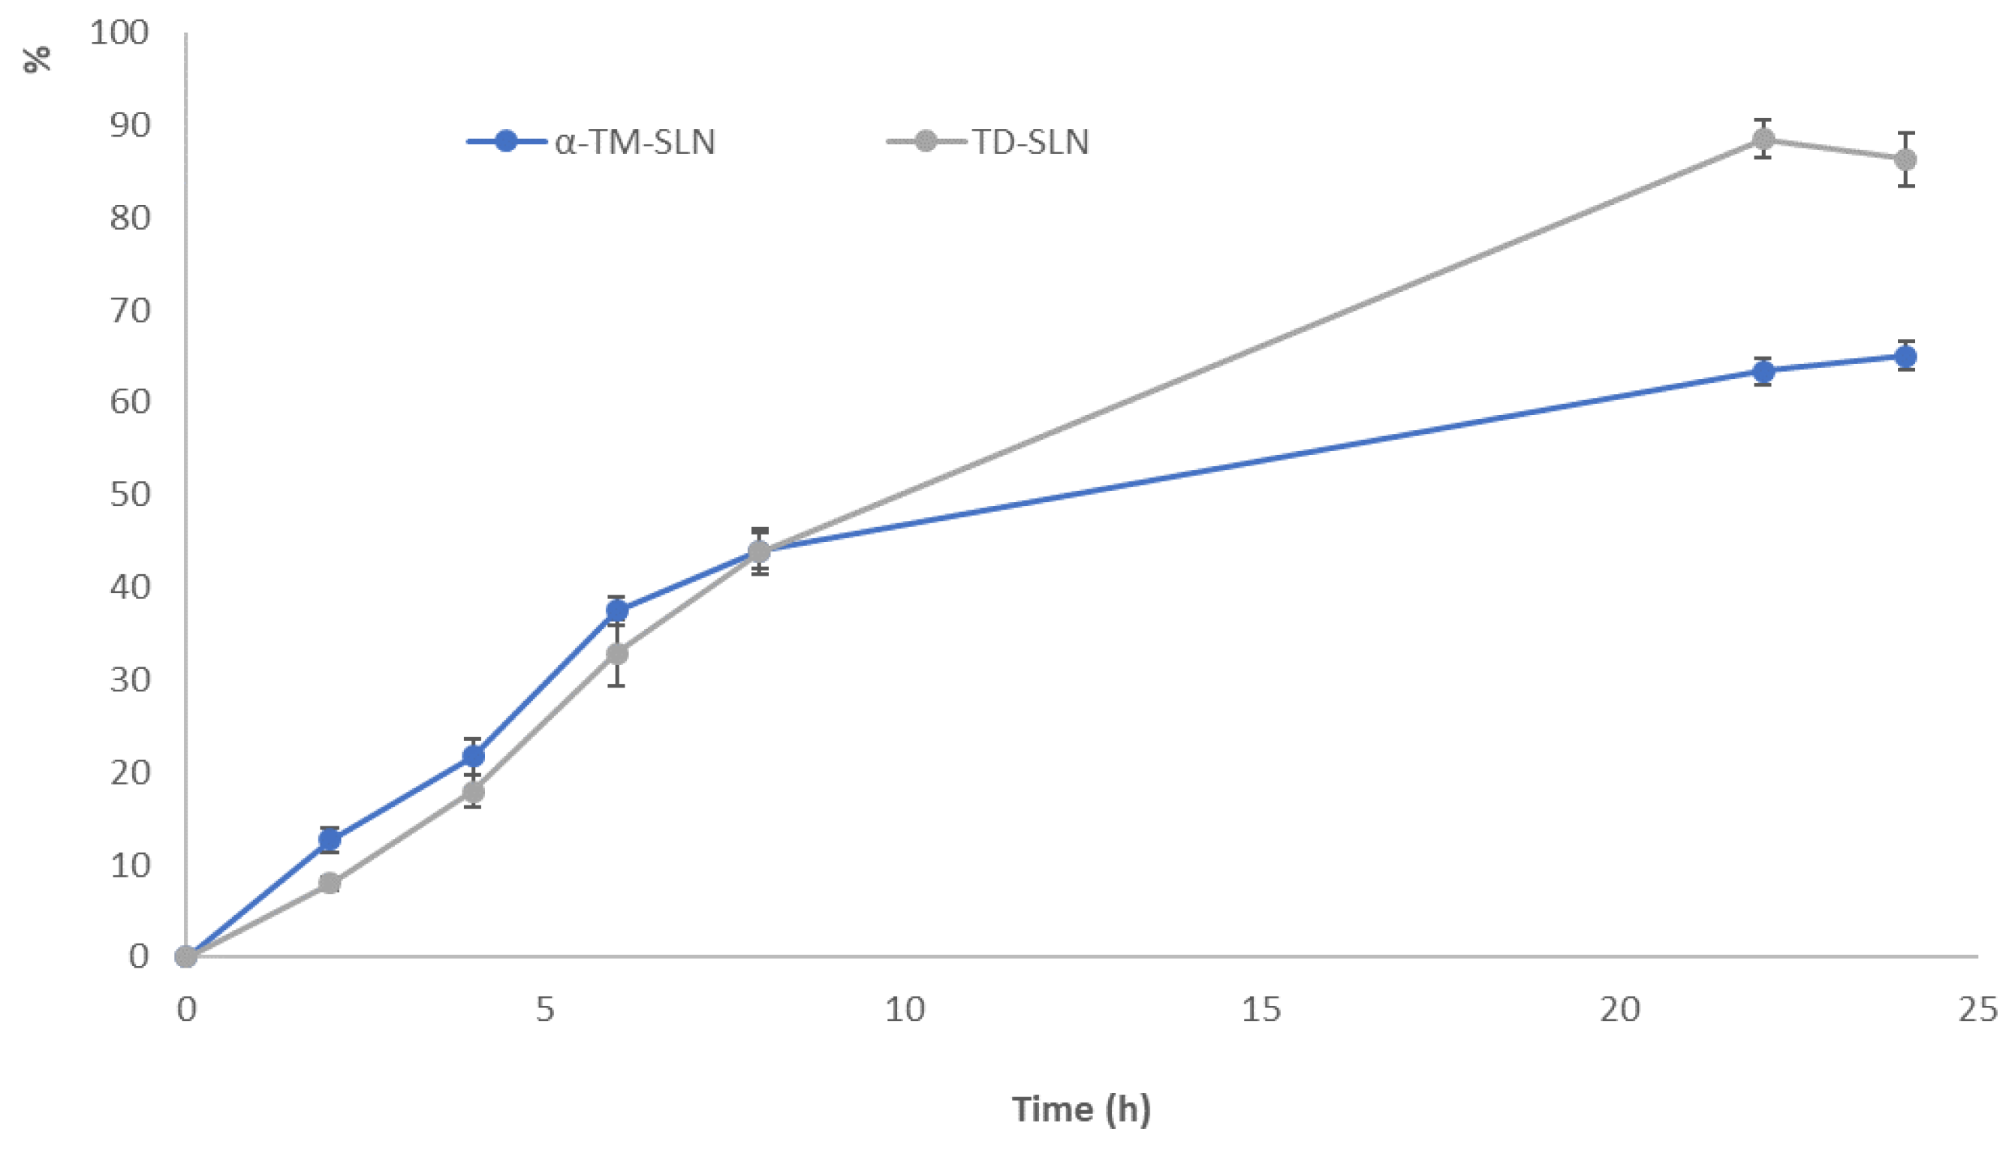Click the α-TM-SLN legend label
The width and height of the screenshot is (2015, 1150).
click(x=634, y=142)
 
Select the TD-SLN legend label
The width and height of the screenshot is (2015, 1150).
click(x=1030, y=142)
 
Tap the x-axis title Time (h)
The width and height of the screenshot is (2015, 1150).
click(x=1080, y=1109)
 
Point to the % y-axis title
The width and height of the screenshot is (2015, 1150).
click(x=37, y=59)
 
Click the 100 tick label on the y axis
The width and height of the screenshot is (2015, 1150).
click(x=119, y=33)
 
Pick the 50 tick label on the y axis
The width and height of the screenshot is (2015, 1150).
click(x=130, y=495)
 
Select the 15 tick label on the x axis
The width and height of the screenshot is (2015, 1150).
click(x=1261, y=1010)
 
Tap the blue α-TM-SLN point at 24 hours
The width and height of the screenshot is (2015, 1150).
click(x=1905, y=357)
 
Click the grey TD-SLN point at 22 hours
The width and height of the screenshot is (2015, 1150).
click(x=1762, y=140)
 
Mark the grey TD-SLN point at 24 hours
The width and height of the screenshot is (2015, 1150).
click(x=1905, y=160)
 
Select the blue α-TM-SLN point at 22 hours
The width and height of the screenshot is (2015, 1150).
click(x=1762, y=372)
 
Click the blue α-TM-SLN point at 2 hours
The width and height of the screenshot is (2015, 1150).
click(x=330, y=839)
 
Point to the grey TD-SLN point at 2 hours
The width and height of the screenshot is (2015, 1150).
click(x=330, y=883)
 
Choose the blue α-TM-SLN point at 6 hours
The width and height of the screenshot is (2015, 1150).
click(x=616, y=610)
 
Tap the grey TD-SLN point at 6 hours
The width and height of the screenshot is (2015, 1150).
click(x=616, y=654)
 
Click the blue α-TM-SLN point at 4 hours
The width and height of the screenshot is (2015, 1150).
click(x=472, y=756)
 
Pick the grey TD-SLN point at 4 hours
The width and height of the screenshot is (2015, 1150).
click(x=472, y=792)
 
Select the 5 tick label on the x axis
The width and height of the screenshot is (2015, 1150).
click(x=545, y=1010)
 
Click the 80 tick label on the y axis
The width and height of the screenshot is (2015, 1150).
click(x=130, y=218)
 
